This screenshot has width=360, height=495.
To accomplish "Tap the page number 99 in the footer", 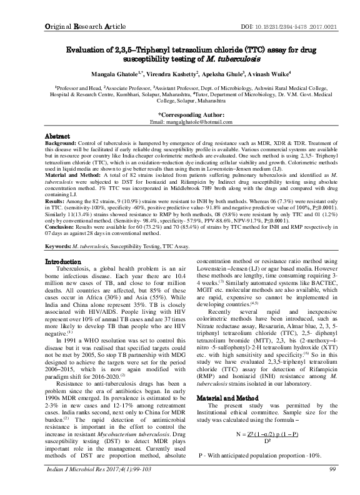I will [314, 486].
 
